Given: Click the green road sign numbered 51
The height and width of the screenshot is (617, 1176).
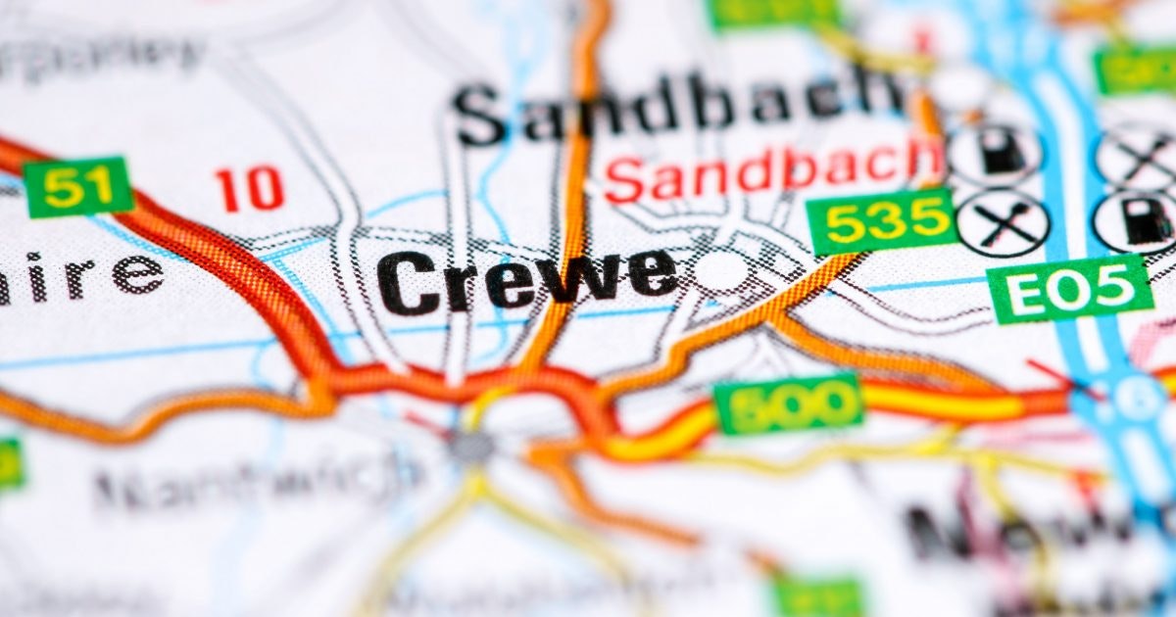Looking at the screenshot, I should coord(77,187).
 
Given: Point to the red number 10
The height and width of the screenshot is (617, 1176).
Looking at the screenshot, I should coord(250,189).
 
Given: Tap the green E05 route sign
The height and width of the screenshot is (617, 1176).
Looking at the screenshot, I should coord(1069,288).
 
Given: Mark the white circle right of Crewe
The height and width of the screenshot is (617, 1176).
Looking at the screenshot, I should coord(723,271).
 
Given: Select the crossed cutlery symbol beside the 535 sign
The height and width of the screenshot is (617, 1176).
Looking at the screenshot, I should coord(1002,222).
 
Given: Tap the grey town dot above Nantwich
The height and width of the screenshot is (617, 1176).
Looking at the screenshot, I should coord(472,446).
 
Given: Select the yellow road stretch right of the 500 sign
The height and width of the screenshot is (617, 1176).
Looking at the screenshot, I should coord(941,402).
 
